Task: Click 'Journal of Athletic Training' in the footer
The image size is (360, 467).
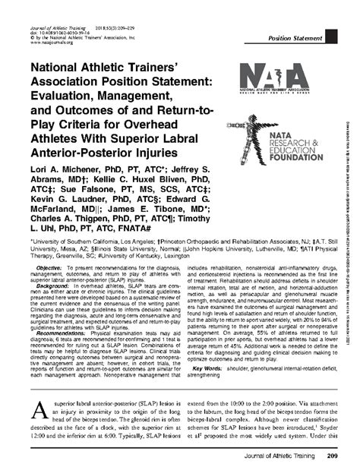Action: [277, 456]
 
